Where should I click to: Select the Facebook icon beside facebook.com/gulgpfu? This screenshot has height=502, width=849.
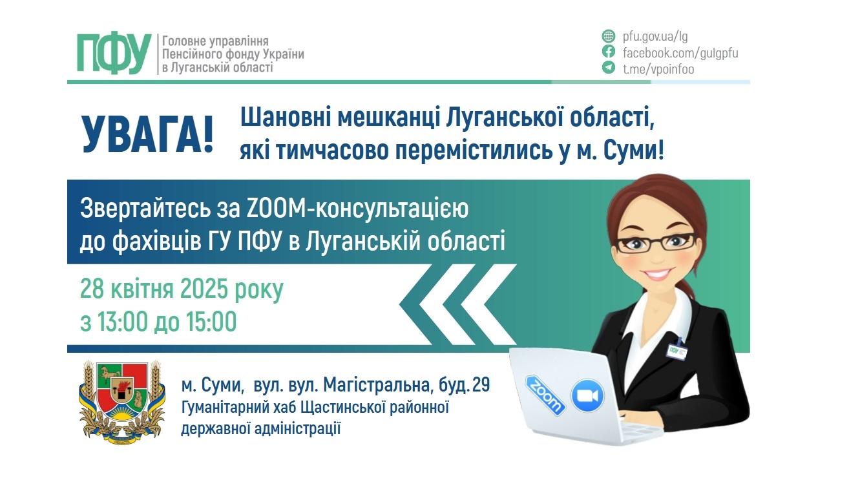608,52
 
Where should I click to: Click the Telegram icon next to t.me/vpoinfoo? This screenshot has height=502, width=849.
608,68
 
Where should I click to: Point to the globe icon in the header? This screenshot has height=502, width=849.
608,36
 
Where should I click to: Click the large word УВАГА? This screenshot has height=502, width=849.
147,134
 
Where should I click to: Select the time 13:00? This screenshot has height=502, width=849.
121,321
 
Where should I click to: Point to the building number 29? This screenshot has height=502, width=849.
481,386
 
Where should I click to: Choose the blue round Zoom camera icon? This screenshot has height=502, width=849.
587,396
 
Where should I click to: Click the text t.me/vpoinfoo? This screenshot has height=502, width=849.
658,68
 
